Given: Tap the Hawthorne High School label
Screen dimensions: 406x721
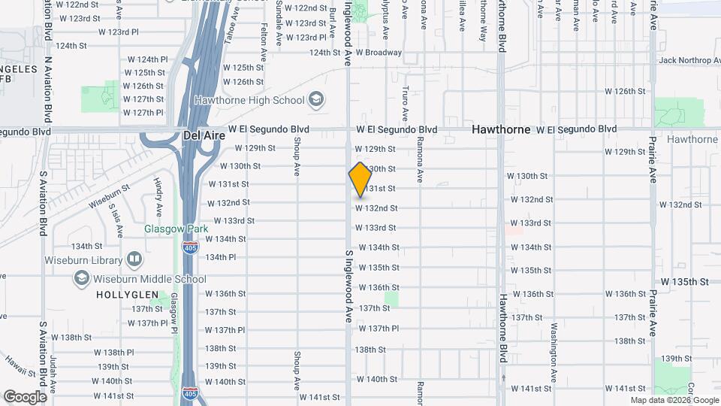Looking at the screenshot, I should coord(249,100).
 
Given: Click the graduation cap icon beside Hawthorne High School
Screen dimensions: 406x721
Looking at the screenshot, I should coord(316,100).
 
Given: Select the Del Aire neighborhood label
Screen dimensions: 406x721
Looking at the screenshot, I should coord(201,135).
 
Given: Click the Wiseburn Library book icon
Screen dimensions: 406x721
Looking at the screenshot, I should coord(134,260).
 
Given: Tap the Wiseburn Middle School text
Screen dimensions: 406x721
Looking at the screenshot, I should coord(149,279).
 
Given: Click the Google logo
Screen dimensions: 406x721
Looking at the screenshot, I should coord(25,396).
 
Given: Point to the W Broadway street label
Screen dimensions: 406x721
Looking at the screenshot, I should coord(379,53).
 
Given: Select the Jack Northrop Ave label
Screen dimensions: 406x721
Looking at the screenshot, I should coord(689,60).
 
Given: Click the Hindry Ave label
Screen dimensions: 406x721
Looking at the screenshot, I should coord(158,195).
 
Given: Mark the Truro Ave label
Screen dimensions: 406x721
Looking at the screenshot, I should coord(404,103).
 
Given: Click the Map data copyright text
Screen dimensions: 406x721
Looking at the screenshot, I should coord(674,400).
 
